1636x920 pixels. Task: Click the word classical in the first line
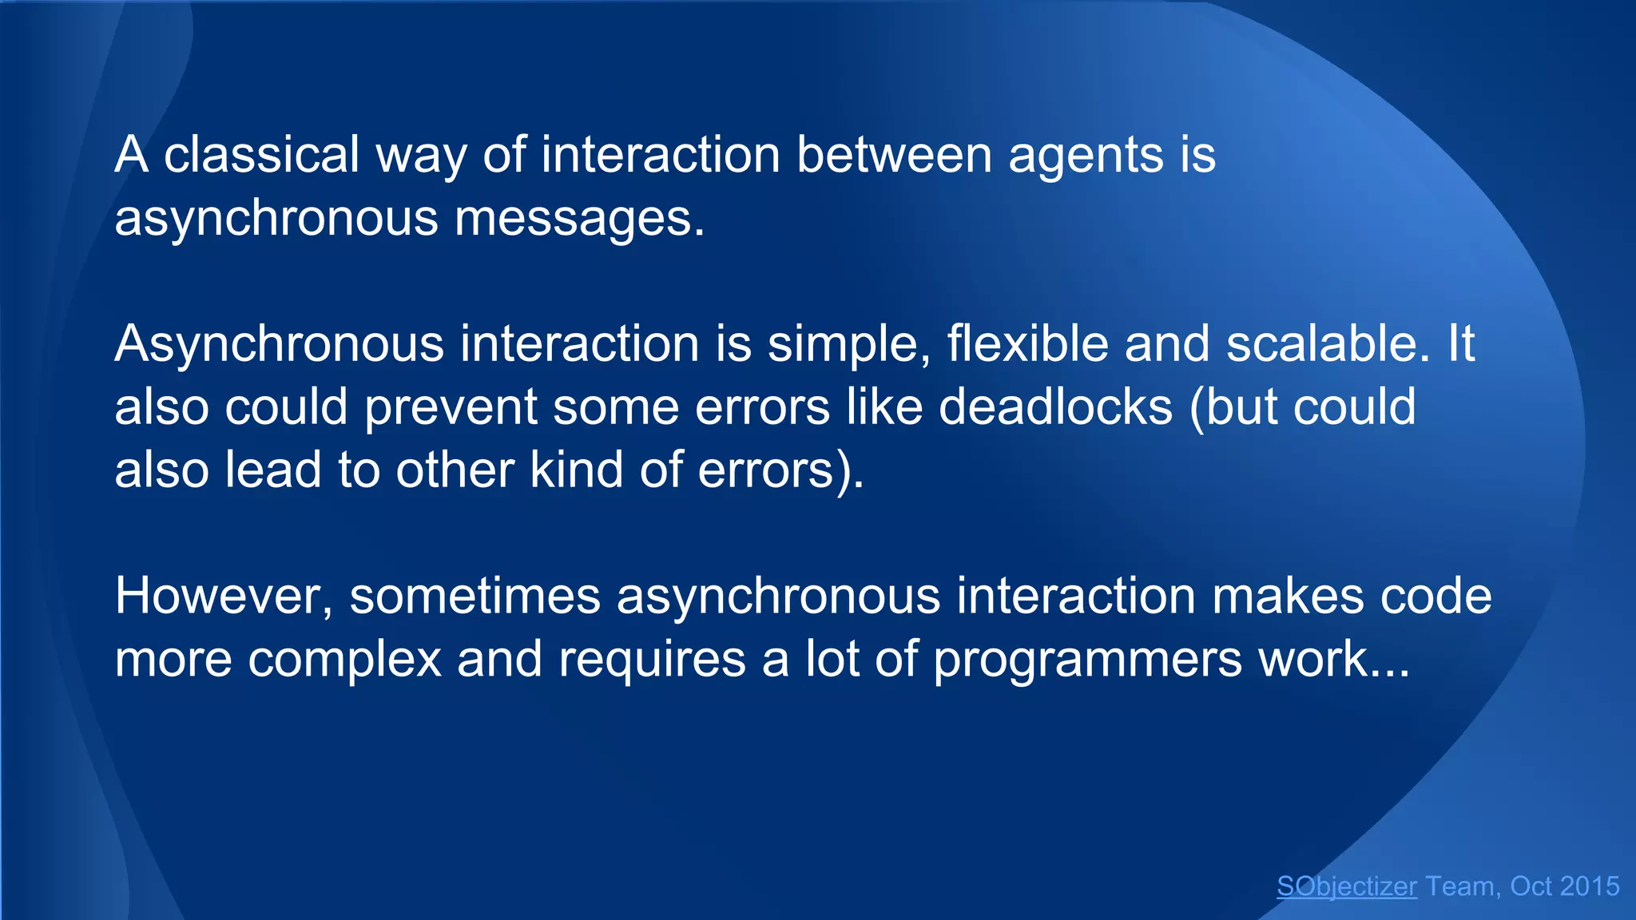pyautogui.click(x=261, y=154)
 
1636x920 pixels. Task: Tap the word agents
pyautogui.click(x=1086, y=154)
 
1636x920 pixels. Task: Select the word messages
pyautogui.click(x=579, y=217)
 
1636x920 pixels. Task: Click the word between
pyautogui.click(x=893, y=154)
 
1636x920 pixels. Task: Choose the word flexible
pyautogui.click(x=1027, y=344)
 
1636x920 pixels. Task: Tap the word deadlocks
pyautogui.click(x=1054, y=406)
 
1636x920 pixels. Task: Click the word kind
pyautogui.click(x=576, y=470)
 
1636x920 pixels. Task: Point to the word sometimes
pyautogui.click(x=475, y=596)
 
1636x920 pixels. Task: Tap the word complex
pyautogui.click(x=344, y=660)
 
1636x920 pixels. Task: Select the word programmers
pyautogui.click(x=1087, y=660)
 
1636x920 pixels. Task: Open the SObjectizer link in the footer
pyautogui.click(x=1346, y=886)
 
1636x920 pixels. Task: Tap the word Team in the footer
pyautogui.click(x=1460, y=886)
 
